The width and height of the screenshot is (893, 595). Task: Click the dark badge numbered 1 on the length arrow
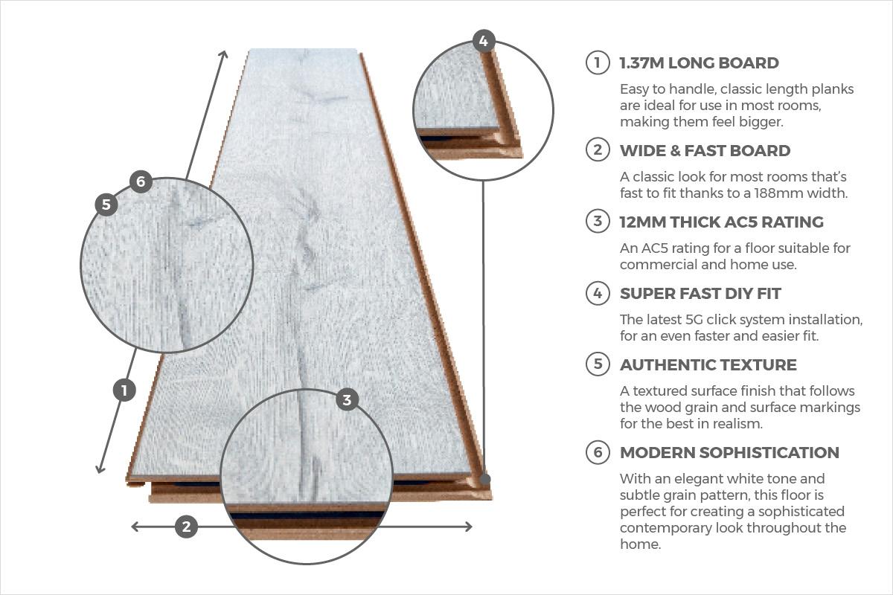pyautogui.click(x=124, y=390)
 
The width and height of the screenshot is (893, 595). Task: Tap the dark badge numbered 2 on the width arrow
pyautogui.click(x=186, y=527)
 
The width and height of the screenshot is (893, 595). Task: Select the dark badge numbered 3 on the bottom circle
pyautogui.click(x=347, y=399)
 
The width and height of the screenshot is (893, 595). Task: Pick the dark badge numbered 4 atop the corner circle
pyautogui.click(x=484, y=41)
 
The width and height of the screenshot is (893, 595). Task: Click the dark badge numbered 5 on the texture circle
pyautogui.click(x=106, y=205)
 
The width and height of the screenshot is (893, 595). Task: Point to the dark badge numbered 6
pyautogui.click(x=141, y=181)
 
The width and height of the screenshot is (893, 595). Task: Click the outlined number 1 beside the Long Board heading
pyautogui.click(x=598, y=62)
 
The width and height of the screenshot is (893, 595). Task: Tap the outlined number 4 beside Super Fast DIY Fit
pyautogui.click(x=598, y=293)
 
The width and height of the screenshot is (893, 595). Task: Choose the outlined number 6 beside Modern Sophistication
pyautogui.click(x=598, y=452)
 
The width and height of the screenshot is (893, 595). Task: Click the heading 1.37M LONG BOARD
pyautogui.click(x=700, y=63)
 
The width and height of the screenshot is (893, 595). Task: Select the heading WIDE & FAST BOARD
pyautogui.click(x=705, y=151)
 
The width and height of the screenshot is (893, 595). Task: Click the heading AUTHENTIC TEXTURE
pyautogui.click(x=708, y=365)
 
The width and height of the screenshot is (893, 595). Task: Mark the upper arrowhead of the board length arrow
pyautogui.click(x=224, y=54)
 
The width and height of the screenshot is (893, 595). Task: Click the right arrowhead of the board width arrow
pyautogui.click(x=468, y=527)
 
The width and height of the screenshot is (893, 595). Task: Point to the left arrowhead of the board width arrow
pyautogui.click(x=136, y=527)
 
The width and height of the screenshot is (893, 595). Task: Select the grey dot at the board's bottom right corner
pyautogui.click(x=484, y=479)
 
